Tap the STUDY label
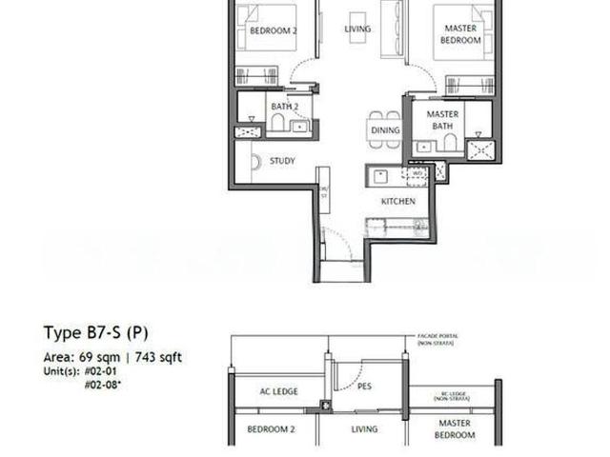tap(282, 161)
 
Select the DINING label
tap(385, 130)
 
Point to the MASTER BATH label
tap(443, 120)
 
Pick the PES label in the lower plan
tap(363, 387)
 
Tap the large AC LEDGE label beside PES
tap(279, 390)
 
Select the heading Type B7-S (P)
tap(95, 332)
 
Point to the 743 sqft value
tap(153, 357)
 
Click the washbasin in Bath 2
tap(300, 126)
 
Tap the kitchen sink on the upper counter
tap(379, 174)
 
